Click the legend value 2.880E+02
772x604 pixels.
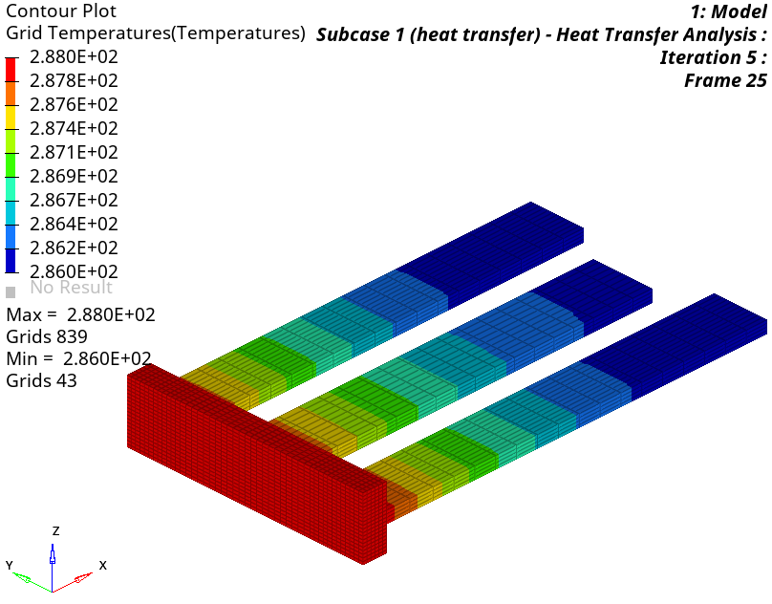tap(74, 57)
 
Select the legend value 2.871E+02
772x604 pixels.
tap(74, 152)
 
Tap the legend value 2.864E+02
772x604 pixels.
tap(74, 224)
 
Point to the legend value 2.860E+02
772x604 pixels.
tap(74, 271)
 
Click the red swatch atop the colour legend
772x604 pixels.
tap(11, 70)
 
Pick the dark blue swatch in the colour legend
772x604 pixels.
tap(11, 260)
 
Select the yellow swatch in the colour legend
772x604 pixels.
tap(11, 118)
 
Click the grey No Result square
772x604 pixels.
tap(11, 292)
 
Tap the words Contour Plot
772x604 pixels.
tap(61, 11)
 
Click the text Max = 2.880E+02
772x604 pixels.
tap(81, 314)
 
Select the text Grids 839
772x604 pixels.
tap(47, 336)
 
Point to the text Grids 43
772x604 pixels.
tap(42, 380)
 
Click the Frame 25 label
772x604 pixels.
tap(726, 80)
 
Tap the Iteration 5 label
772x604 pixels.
tap(714, 57)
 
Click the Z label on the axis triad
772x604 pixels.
tap(56, 530)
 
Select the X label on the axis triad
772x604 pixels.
tap(103, 565)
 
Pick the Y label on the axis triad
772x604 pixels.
tap(10, 565)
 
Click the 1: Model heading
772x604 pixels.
tap(729, 11)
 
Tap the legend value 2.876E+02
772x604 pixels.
tap(74, 104)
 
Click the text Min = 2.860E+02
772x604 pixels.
tap(78, 358)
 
